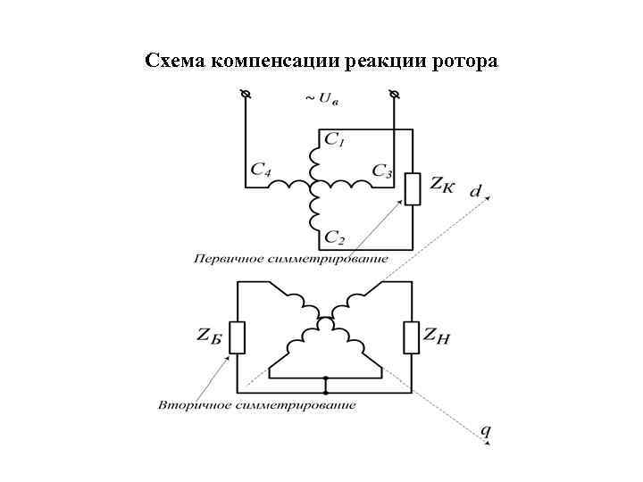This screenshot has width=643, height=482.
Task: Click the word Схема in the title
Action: (175, 62)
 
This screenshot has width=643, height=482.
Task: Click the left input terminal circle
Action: (246, 94)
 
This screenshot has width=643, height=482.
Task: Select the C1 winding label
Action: (336, 140)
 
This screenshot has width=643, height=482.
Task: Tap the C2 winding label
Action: (336, 237)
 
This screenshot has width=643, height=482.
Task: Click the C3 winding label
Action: (382, 170)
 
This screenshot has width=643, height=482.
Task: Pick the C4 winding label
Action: (261, 169)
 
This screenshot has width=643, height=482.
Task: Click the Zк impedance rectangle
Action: (412, 188)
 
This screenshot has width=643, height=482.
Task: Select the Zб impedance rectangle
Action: (237, 337)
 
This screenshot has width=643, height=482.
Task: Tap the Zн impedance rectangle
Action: (411, 337)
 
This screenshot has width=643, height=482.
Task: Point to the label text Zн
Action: (442, 337)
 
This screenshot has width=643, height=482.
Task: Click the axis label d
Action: (476, 191)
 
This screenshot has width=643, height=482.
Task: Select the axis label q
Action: (486, 432)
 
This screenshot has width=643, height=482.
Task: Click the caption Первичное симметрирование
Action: (290, 260)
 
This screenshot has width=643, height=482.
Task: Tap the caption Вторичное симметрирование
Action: (257, 405)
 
